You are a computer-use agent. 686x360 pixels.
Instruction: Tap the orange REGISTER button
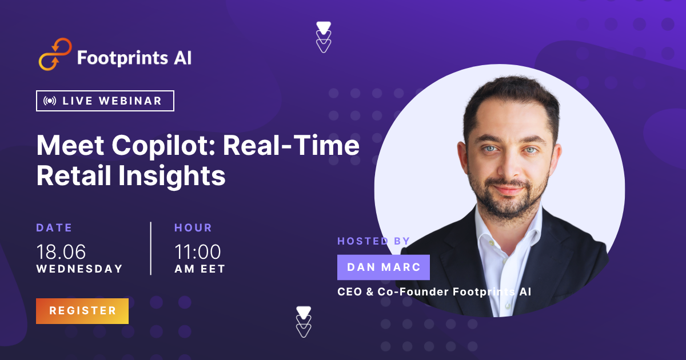82,311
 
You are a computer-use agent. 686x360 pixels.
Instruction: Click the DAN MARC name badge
384,267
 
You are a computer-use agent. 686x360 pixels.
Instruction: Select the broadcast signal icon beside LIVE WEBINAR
50,101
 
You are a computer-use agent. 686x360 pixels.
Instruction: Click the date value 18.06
61,252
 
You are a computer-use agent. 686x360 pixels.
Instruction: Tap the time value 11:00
198,252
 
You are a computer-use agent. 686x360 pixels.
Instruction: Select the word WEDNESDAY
79,269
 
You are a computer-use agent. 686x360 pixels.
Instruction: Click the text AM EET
200,269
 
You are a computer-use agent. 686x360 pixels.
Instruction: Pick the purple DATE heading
54,228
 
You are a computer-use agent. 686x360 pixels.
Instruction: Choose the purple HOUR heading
193,228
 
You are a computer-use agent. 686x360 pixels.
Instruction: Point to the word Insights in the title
172,176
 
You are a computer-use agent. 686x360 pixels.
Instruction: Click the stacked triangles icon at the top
324,37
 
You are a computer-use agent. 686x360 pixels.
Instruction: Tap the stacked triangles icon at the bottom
304,322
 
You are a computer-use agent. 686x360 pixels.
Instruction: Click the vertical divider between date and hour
151,248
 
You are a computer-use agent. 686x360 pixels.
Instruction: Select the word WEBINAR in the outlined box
130,101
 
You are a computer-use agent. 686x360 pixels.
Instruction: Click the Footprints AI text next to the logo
134,58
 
